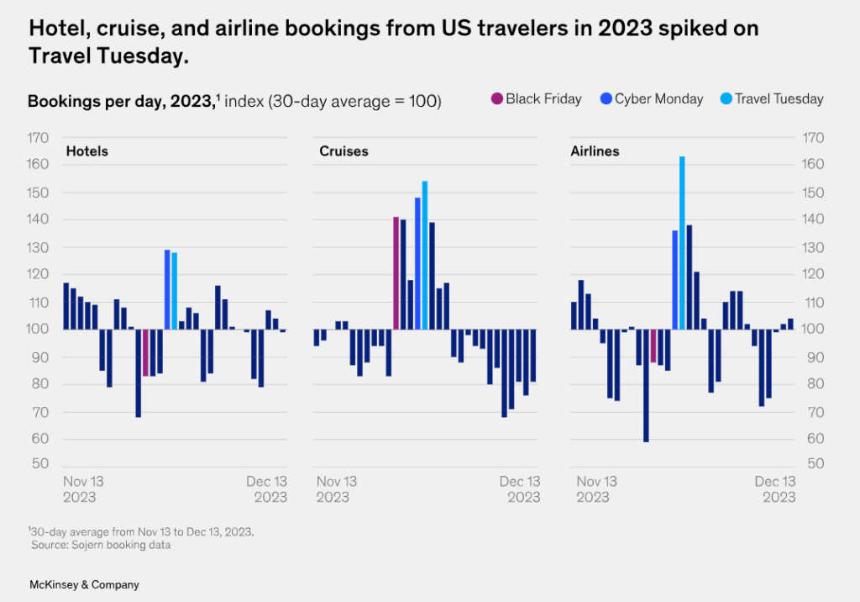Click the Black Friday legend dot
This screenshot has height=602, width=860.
(x=496, y=99)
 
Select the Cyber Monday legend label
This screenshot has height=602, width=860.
(x=658, y=99)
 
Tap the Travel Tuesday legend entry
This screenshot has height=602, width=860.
(x=779, y=99)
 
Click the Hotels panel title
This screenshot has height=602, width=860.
(x=87, y=151)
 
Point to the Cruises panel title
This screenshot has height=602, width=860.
(x=343, y=151)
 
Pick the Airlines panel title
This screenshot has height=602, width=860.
(x=595, y=151)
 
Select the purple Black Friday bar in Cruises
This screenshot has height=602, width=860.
(x=396, y=273)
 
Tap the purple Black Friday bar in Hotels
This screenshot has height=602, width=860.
(x=145, y=352)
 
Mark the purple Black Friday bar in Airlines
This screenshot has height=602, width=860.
(x=653, y=346)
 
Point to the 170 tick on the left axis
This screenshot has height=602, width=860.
(x=39, y=137)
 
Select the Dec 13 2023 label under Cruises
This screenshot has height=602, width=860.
(x=520, y=489)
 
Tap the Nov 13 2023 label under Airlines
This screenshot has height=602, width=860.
(x=596, y=489)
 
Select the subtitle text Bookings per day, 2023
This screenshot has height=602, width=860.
(x=121, y=101)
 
